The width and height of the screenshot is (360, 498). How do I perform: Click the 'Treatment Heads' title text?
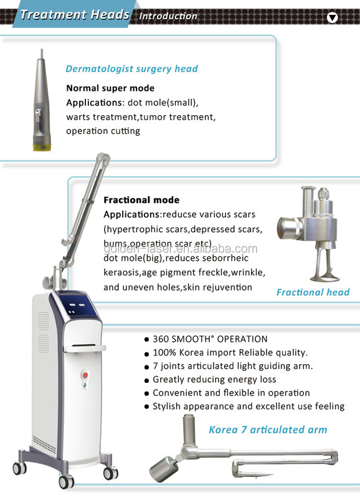coord(74,14)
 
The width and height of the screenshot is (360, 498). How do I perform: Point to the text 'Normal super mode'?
coord(110,88)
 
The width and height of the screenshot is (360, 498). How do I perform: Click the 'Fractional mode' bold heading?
coord(141,200)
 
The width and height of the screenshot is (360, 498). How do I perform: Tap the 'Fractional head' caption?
coord(313,291)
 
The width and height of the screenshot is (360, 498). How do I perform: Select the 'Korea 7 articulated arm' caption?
coord(268,429)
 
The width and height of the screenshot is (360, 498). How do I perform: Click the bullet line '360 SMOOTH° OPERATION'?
coord(210,339)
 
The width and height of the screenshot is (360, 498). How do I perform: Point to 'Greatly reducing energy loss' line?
coord(214,379)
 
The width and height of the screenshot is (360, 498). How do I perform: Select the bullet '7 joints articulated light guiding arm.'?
coord(232,366)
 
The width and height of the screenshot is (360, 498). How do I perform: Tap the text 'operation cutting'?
coord(103,131)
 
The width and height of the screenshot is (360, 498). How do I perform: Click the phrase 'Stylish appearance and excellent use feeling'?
coord(248,406)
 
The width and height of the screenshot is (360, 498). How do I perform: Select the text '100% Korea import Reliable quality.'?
coord(230,352)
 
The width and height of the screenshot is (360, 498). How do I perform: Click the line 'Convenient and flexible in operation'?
coord(231,393)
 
